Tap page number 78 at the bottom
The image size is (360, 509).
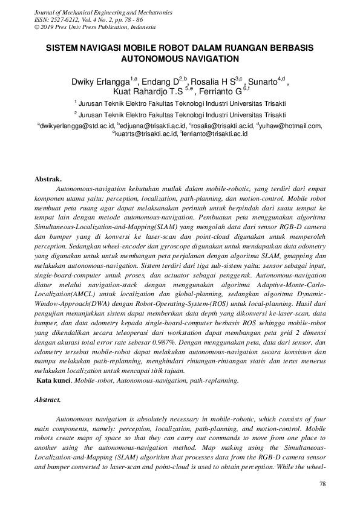(322, 485)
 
